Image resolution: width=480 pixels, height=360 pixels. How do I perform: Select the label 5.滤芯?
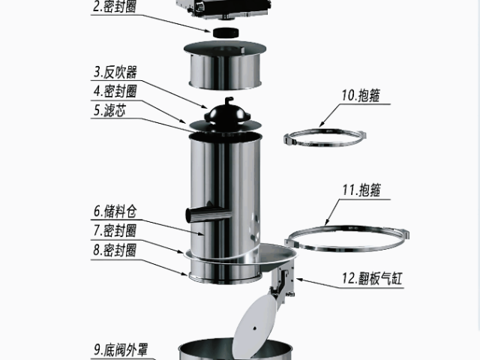110,109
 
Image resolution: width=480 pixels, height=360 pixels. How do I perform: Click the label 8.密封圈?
115,248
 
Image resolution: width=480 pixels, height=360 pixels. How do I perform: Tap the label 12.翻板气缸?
373,279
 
